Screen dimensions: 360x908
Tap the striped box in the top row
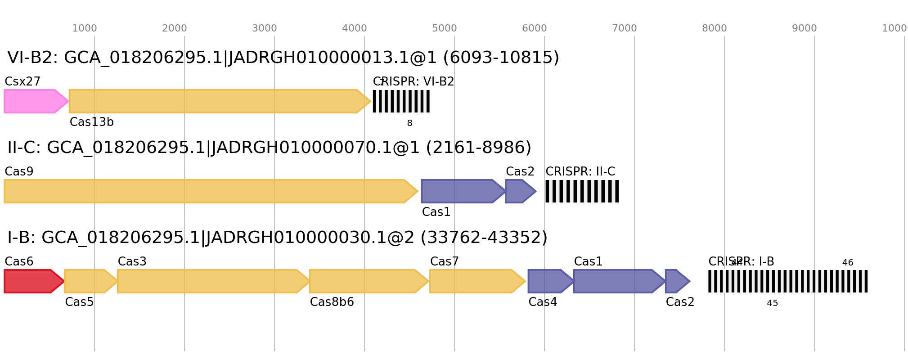tap(401, 101)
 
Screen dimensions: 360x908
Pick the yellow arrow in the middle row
tap(207, 191)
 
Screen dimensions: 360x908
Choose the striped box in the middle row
tap(582, 191)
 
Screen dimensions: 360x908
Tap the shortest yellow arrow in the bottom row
tap(88, 281)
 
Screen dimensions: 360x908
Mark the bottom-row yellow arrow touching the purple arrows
tap(475, 281)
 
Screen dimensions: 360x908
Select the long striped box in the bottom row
tap(788, 281)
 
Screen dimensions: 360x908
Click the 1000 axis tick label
tap(85, 28)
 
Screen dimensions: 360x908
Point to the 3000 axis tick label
tap(265, 28)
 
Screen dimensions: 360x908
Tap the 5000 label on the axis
tap(445, 28)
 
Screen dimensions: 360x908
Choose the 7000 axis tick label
tap(625, 28)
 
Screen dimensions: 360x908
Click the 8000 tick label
tap(715, 28)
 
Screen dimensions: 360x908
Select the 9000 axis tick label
tap(805, 28)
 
